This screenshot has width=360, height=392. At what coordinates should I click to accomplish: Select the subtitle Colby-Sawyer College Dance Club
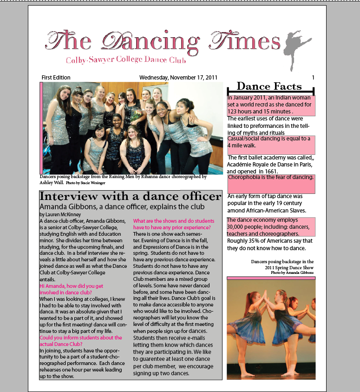126,60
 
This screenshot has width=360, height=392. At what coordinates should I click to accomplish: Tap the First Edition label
56,78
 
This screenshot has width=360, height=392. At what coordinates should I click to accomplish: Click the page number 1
313,78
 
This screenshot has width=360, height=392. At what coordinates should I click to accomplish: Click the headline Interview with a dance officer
130,196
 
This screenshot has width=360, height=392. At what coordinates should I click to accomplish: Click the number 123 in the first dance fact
234,112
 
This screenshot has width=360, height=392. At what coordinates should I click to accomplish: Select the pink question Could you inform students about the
81,338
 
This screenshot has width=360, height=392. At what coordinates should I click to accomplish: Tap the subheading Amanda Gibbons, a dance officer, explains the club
122,206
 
